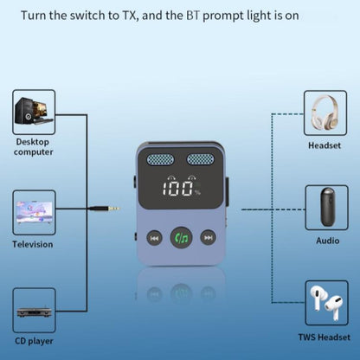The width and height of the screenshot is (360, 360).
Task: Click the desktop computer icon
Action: [35, 111]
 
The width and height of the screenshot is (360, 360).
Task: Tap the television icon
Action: [35, 211]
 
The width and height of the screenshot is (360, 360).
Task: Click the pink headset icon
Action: [326, 111]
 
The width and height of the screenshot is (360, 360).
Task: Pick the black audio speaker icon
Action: [326, 208]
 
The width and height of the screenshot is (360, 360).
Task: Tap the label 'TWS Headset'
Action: [326, 337]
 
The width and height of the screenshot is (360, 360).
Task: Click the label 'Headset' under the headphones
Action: [326, 146]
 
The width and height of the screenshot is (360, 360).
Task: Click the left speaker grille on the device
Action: [160, 161]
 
